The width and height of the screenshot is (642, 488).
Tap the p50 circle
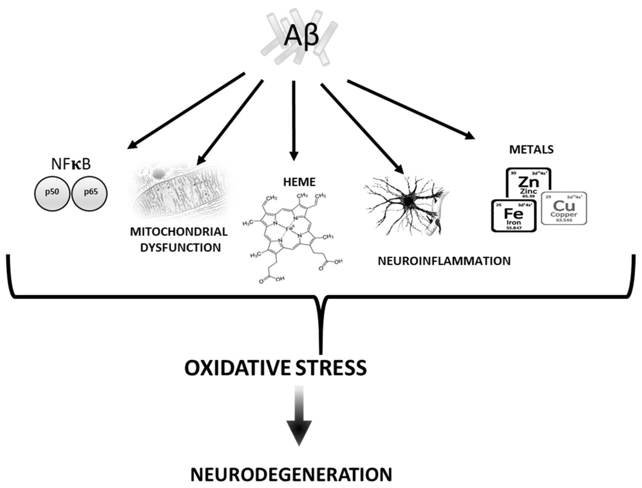coord(52,193)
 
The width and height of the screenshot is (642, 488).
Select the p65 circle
coord(90,193)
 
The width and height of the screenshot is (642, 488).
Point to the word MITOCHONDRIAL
coord(179,232)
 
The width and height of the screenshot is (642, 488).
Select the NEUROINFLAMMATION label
coord(444,261)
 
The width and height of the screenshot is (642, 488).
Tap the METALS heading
coord(531,149)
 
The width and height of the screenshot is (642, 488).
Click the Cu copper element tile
coord(564,208)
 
